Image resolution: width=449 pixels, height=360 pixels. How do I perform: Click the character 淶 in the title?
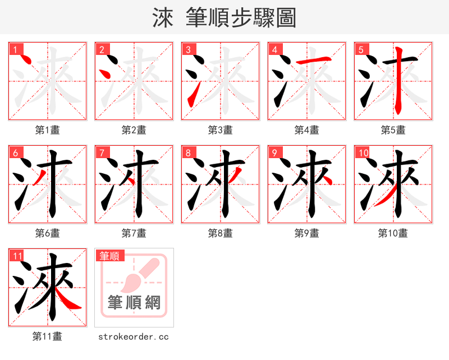tap(163, 18)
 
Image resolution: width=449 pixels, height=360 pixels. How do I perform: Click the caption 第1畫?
tap(48, 130)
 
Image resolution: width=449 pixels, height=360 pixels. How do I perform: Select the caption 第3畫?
tap(221, 130)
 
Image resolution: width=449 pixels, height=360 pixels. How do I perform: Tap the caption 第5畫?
tap(393, 130)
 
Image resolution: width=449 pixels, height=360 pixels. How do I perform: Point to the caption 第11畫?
tap(48, 336)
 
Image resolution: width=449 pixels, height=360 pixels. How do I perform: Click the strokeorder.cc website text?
tap(134, 336)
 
